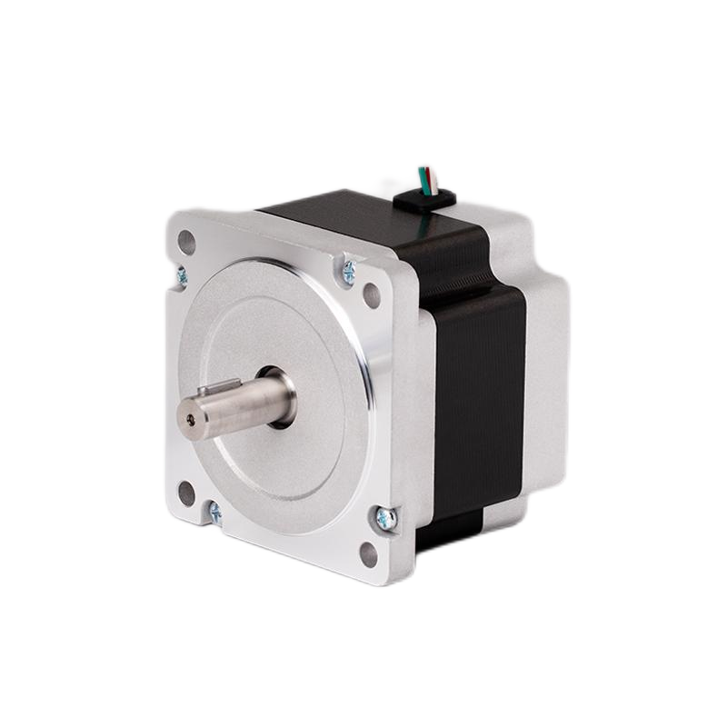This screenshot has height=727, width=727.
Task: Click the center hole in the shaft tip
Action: [x=189, y=420]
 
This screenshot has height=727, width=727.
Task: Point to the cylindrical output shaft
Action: [x=241, y=403]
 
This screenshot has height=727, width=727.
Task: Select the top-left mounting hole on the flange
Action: [x=186, y=243]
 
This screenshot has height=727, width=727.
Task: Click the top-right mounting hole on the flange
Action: [x=372, y=294]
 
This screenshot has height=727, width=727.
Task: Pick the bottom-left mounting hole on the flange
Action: [x=186, y=493]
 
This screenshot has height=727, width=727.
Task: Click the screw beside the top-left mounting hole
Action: [x=182, y=274]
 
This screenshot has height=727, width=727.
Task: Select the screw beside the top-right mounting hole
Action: [x=348, y=268]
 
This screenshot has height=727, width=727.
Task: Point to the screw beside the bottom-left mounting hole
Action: [x=214, y=513]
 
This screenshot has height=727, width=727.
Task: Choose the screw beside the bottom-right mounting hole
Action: [x=385, y=519]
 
